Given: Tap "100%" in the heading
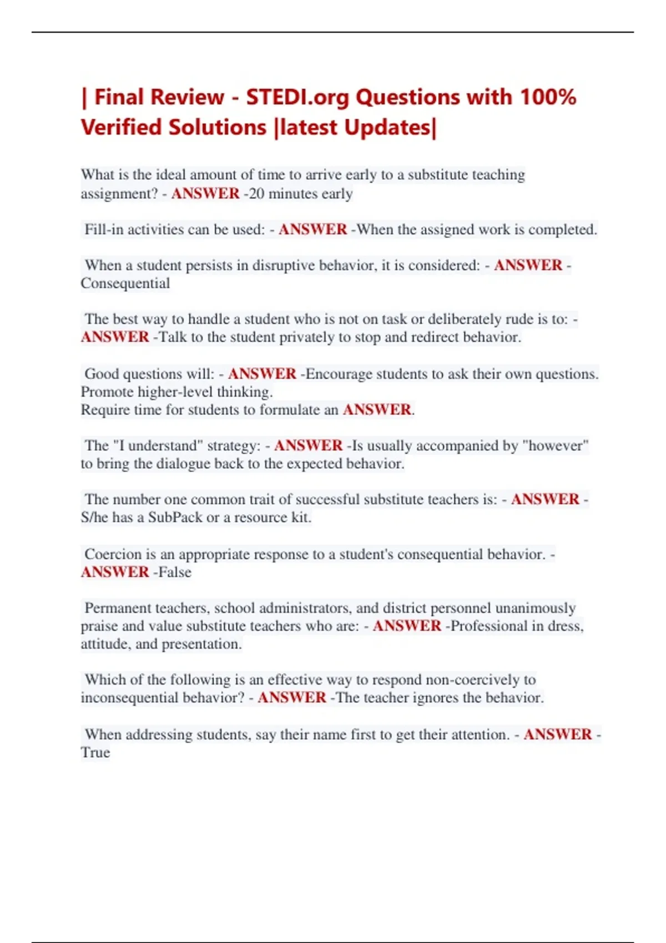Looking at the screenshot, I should coord(547,98).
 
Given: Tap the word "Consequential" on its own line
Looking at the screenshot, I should coord(125,283).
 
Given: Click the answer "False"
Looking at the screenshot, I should coord(175,572).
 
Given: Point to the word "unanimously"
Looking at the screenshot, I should coord(535,608).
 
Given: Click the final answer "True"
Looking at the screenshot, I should coord(95,753).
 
